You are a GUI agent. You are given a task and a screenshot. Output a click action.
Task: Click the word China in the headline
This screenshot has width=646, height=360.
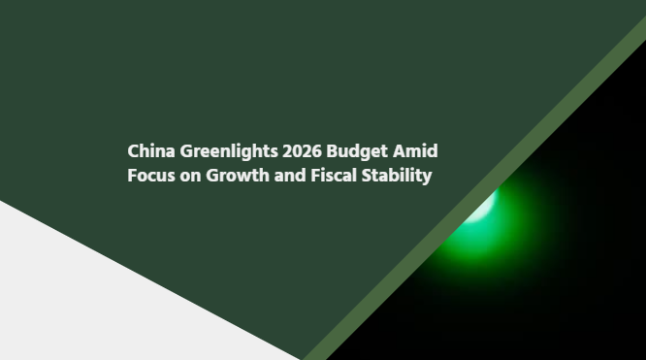pos(151,151)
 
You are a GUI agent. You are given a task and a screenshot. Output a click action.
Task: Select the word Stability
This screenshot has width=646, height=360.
pos(399,178)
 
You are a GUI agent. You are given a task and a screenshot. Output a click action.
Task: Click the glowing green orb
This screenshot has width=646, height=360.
pos(479,217)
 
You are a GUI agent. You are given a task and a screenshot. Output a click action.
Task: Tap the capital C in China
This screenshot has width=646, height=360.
pos(134,151)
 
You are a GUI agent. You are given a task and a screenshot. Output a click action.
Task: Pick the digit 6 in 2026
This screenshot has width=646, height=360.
pos(316,151)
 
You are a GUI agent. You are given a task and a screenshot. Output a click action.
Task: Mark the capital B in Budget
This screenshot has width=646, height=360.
pos(333,151)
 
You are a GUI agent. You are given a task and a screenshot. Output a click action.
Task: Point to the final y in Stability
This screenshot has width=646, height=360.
pos(427,179)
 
